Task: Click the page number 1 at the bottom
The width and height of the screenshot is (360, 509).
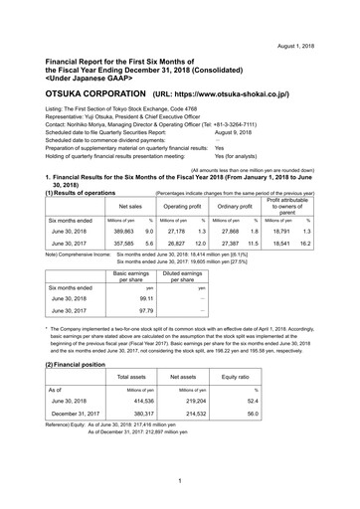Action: pos(180,482)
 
